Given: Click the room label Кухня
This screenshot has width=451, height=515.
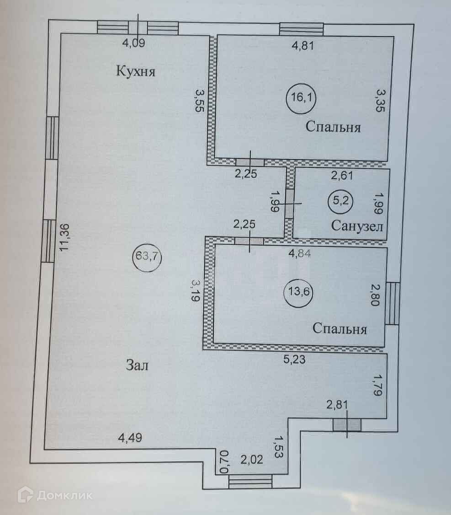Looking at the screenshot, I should pyautogui.click(x=136, y=71).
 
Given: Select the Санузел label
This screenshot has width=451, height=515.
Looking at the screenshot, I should pyautogui.click(x=357, y=226).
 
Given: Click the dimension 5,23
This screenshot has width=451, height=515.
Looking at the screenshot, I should pyautogui.click(x=294, y=359).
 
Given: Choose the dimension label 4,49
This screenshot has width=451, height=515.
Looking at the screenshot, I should pyautogui.click(x=130, y=438).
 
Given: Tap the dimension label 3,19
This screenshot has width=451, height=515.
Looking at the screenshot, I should pyautogui.click(x=196, y=290).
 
